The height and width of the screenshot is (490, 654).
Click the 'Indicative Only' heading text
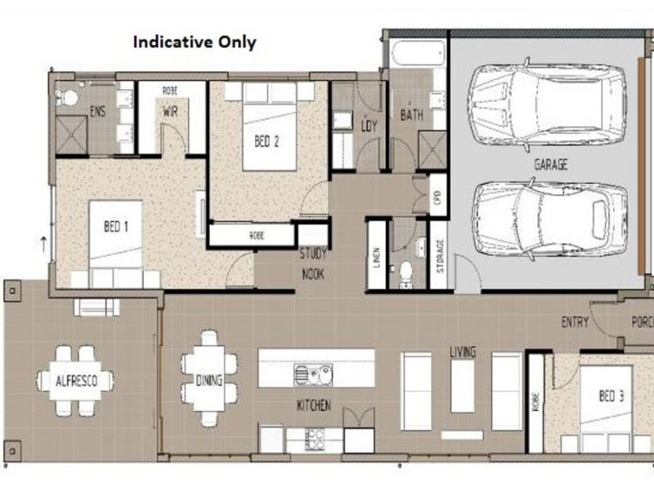pos(195,42)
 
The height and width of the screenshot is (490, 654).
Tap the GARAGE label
pos(550,164)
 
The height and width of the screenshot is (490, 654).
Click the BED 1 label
pos(115,226)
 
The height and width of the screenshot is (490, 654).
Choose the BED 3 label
pos(611,397)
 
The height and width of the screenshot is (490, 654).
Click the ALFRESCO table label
pos(74,381)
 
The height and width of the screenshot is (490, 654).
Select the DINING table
pos(209,378)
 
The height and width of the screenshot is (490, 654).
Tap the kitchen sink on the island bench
pos(313,375)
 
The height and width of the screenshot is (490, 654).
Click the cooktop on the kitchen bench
pos(315,439)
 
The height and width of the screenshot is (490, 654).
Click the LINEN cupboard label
pos(376,256)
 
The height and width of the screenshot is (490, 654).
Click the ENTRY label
pos(574,323)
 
